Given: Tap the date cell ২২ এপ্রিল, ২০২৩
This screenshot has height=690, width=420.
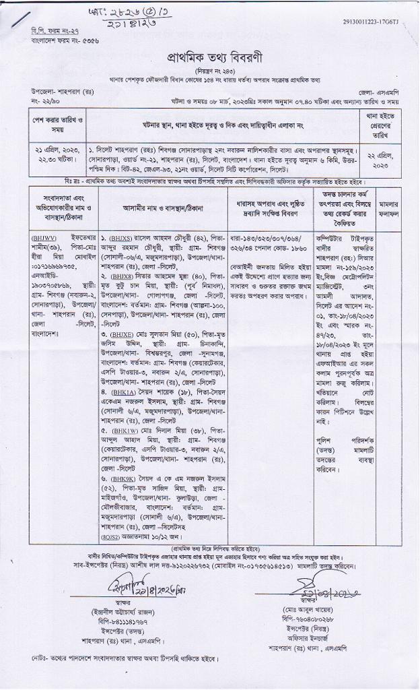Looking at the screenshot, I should (388, 159).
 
